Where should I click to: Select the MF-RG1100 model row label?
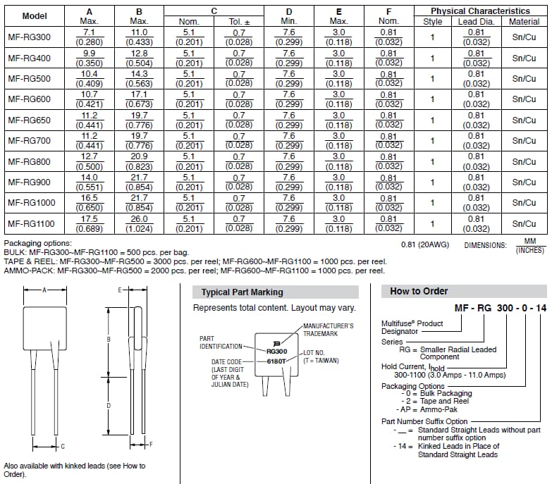30,224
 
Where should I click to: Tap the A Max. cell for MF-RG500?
89,78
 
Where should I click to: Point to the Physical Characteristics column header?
480,11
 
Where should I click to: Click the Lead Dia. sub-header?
477,21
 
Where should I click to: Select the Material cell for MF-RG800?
524,161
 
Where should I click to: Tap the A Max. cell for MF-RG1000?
89,203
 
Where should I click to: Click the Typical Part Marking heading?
242,292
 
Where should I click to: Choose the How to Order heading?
419,292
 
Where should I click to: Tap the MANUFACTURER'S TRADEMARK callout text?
329,330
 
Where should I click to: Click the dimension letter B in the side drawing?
108,340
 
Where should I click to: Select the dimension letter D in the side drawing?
108,405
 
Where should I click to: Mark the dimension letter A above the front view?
44,290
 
